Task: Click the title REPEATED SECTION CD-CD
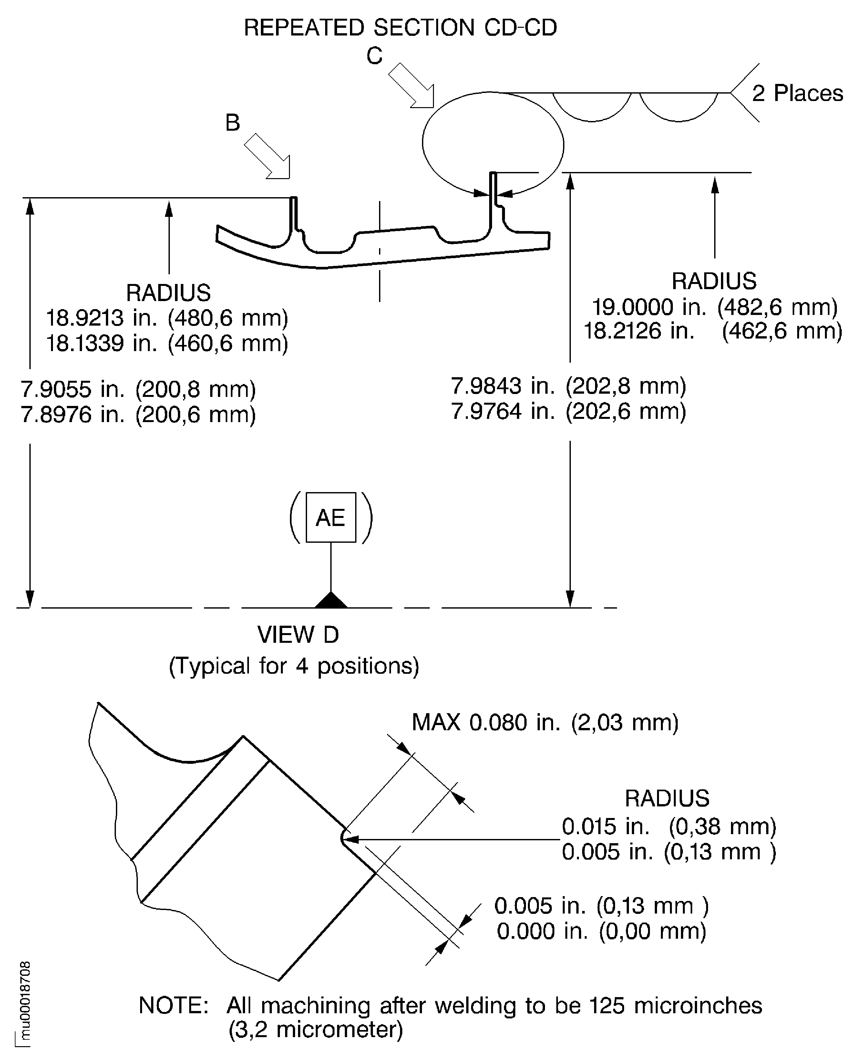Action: coord(400,28)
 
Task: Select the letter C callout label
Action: coord(374,56)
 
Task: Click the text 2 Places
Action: coord(797,94)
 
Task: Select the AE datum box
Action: coord(331,517)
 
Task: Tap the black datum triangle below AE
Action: coord(331,601)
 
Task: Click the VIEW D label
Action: coord(298,635)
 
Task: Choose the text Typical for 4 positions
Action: coord(294,666)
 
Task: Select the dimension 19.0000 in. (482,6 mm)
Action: coord(714,308)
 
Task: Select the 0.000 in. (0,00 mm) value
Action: coord(601,931)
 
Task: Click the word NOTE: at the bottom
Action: coord(173,1005)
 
